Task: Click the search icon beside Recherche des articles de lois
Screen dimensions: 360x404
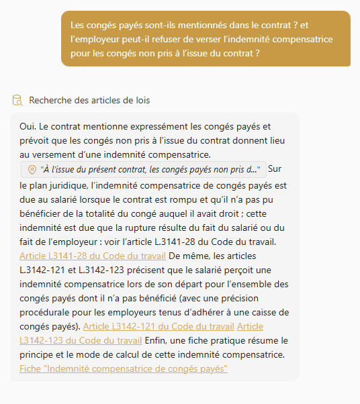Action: tap(17, 101)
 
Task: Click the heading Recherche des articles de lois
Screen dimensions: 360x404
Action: tap(89, 101)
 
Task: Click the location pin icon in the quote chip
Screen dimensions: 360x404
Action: tap(32, 169)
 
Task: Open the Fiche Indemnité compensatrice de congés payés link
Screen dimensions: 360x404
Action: tap(124, 369)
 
